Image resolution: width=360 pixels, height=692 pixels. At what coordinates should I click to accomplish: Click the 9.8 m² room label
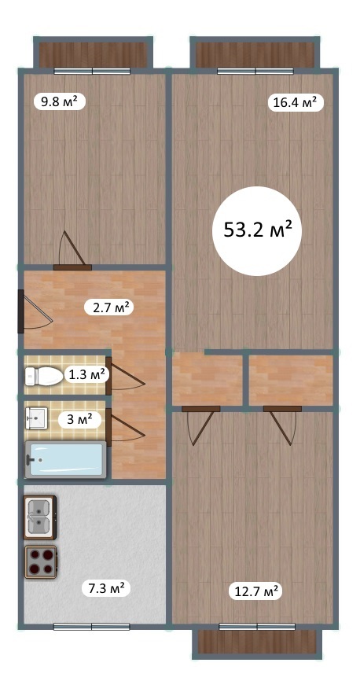point(60,102)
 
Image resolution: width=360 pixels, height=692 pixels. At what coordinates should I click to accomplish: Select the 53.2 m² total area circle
point(257,231)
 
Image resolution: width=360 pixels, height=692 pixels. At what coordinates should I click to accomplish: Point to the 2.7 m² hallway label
point(109,307)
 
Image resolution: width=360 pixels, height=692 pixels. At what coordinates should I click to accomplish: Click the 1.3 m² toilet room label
point(86,376)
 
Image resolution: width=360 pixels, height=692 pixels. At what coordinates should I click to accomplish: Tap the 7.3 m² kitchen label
point(105,588)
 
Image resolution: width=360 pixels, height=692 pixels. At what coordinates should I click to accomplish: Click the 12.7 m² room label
point(255,591)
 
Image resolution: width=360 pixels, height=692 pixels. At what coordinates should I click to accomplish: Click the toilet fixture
point(44,376)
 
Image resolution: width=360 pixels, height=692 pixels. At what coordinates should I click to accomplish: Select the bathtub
point(65,459)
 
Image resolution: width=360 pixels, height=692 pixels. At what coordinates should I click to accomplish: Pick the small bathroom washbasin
point(36,418)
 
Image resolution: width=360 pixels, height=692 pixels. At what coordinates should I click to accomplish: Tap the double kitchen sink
point(40,517)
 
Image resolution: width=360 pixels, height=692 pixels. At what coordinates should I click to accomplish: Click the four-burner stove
point(41,561)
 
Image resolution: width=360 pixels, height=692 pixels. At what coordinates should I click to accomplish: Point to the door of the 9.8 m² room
point(72,252)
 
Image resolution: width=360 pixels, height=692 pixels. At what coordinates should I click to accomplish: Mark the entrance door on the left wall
point(35,311)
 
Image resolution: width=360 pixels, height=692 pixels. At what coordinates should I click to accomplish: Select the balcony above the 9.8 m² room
point(93,53)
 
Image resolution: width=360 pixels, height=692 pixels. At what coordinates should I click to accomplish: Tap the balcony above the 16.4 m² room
point(255,53)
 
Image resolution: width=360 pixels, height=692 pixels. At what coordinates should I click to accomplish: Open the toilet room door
point(126,375)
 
